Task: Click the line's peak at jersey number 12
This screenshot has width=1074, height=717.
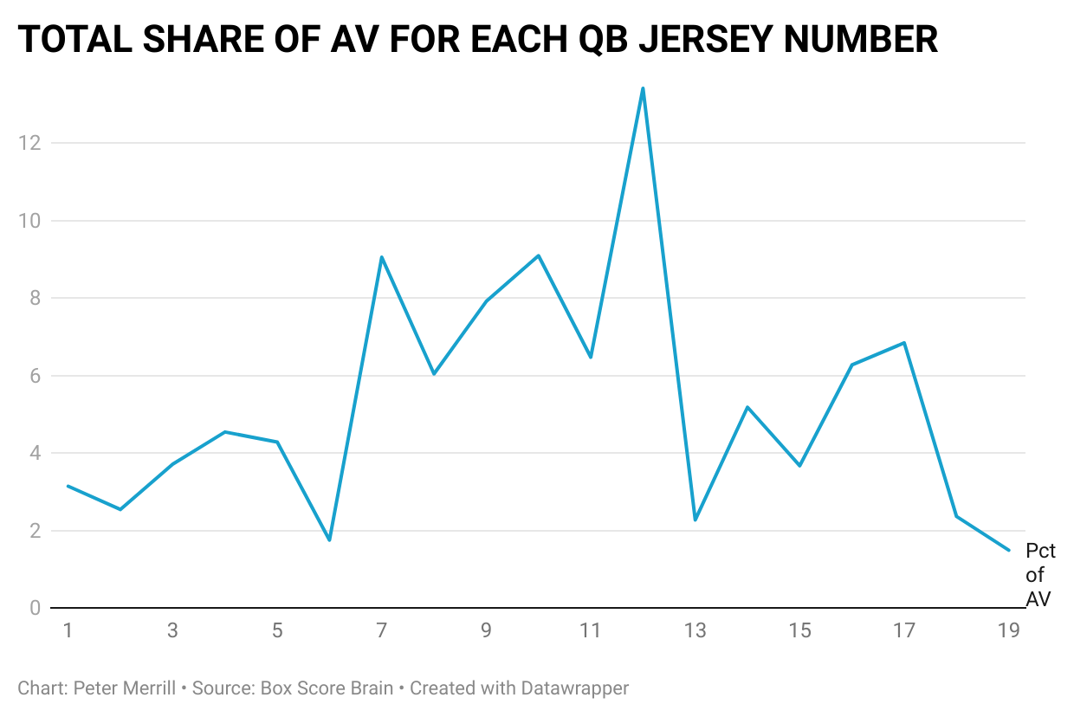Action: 643,88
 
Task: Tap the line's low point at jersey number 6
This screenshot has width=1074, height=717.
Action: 329,540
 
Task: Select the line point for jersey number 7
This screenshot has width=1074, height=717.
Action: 381,257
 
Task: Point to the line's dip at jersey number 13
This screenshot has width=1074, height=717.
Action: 696,520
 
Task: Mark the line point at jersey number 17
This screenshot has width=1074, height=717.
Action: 904,343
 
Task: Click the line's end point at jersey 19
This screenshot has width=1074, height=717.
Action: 1008,550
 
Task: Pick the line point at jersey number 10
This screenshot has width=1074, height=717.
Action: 538,255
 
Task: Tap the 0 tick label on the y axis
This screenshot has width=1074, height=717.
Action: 35,608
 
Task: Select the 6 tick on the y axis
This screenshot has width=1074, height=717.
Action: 35,376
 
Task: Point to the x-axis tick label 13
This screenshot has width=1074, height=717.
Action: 696,631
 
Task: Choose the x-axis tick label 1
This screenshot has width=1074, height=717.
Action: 68,631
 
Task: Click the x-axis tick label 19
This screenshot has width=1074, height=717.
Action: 1008,631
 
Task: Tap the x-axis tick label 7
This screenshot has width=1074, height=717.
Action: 381,631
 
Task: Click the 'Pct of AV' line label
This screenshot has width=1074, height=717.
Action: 1039,575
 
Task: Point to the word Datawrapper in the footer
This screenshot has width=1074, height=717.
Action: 574,688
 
